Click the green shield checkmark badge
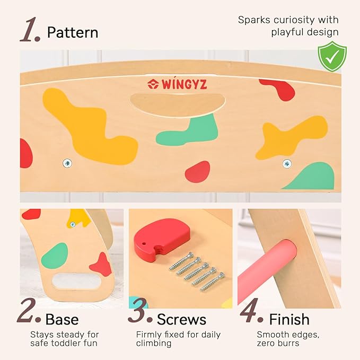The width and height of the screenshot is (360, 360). (x=332, y=57)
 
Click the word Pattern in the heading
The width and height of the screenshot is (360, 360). (x=73, y=32)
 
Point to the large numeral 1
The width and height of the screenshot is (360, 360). (x=30, y=30)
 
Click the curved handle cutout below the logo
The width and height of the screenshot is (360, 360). (x=177, y=104)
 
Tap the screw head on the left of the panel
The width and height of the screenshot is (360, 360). (x=67, y=163)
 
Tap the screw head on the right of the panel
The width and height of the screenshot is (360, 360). (x=287, y=163)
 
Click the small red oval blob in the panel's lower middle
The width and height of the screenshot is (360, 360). (x=197, y=172)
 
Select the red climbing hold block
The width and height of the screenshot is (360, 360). (x=162, y=237)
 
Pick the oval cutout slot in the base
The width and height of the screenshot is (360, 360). (x=76, y=282)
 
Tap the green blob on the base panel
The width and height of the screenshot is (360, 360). (x=55, y=256)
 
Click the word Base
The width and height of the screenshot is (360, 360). (x=62, y=319)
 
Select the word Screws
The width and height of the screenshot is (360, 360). (x=181, y=319)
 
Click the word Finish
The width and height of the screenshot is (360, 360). (x=289, y=319)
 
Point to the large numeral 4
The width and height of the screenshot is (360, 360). (x=251, y=310)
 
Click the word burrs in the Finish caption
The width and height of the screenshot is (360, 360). (x=287, y=343)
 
